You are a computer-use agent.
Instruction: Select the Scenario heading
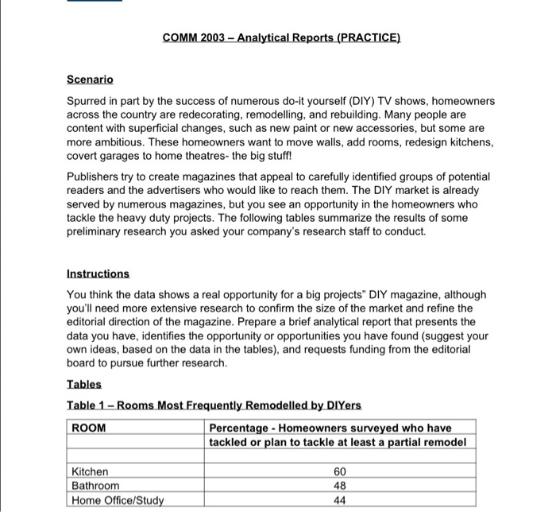pos(91,80)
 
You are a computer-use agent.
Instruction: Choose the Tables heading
pos(84,385)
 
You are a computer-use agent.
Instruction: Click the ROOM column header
pos(88,428)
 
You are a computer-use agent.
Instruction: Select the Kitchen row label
pos(90,471)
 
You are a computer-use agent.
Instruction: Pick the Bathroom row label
pos(95,485)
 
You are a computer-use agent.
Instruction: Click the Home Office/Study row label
pos(117,499)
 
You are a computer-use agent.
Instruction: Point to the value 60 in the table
pos(340,471)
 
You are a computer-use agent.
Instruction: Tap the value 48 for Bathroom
pos(340,485)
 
